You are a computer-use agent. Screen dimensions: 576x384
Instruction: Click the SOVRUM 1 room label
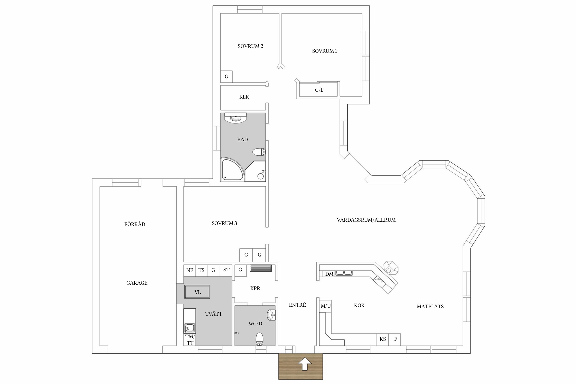(x=325, y=51)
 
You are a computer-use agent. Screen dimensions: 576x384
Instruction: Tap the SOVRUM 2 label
(x=250, y=46)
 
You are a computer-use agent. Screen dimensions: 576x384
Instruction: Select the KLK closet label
(x=244, y=97)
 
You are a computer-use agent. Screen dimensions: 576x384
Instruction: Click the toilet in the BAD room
(x=259, y=152)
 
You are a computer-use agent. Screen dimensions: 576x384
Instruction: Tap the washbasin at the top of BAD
(x=236, y=118)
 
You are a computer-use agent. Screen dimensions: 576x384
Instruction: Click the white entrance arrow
(x=305, y=364)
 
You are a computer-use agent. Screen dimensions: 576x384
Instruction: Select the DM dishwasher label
(x=329, y=274)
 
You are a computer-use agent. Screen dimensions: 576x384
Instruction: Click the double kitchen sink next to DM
(x=344, y=273)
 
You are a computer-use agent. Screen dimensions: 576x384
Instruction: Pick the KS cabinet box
(x=382, y=339)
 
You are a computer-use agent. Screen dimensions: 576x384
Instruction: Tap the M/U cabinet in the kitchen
(x=326, y=306)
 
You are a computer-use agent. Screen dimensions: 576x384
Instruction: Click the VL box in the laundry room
(x=197, y=292)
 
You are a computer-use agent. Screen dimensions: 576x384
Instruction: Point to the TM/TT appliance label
(x=190, y=340)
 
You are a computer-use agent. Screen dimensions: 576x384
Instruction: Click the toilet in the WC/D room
(x=259, y=339)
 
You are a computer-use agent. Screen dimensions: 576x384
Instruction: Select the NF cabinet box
(x=190, y=271)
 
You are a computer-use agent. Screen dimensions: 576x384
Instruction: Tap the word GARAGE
(x=137, y=283)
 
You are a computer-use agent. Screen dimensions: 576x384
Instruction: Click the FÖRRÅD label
(x=135, y=224)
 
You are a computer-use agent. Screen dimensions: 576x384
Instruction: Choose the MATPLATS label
(x=430, y=306)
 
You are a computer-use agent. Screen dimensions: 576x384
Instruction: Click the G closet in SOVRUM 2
(x=227, y=77)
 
